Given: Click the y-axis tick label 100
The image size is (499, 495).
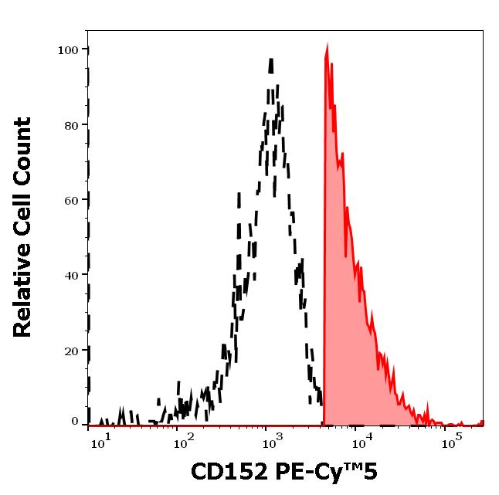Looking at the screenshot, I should pyautogui.click(x=68, y=50).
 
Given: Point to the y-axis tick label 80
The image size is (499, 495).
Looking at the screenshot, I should pyautogui.click(x=71, y=125).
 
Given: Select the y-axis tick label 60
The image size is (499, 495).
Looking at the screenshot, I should pyautogui.click(x=71, y=200).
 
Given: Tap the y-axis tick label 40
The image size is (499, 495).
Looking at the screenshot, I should pyautogui.click(x=71, y=275).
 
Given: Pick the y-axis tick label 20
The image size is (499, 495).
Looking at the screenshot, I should pyautogui.click(x=71, y=350).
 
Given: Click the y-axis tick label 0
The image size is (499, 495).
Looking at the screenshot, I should pyautogui.click(x=75, y=422).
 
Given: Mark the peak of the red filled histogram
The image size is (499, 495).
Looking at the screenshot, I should pyautogui.click(x=327, y=46).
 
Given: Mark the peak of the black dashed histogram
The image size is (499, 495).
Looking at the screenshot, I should pyautogui.click(x=271, y=59).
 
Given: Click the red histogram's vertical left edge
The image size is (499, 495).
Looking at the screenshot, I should pyautogui.click(x=324, y=232).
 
